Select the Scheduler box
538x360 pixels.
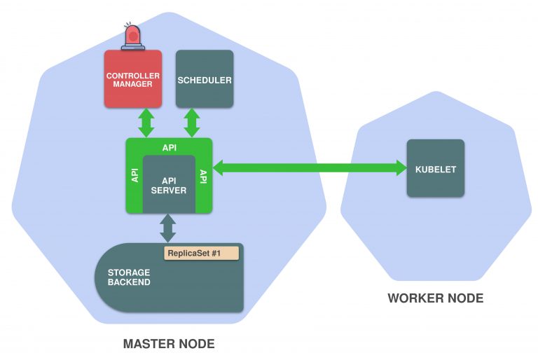click(204, 79)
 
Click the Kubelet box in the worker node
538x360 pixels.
click(435, 168)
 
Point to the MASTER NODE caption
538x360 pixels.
click(168, 344)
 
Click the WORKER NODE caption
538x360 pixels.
click(435, 298)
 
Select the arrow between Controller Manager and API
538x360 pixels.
click(146, 123)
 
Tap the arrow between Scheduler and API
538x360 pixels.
click(192, 123)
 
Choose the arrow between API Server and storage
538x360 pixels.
click(168, 228)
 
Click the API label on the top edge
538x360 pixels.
click(169, 148)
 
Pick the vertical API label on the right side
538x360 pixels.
click(203, 176)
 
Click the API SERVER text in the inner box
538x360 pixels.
click(169, 185)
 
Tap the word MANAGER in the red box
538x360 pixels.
click(132, 84)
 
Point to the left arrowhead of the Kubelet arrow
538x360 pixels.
click(219, 167)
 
